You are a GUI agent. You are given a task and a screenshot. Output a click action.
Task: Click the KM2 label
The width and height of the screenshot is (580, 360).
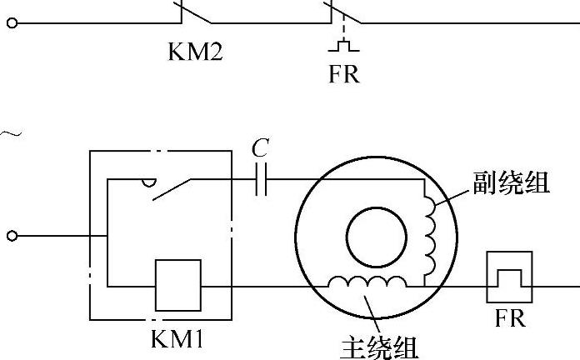click(x=196, y=52)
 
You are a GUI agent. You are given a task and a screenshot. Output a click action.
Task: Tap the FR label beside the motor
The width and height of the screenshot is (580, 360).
click(x=510, y=319)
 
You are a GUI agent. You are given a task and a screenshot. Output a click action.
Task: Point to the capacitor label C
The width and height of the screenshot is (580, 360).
click(x=260, y=149)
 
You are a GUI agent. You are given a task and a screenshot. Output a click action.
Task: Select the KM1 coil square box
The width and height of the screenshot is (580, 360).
click(x=177, y=285)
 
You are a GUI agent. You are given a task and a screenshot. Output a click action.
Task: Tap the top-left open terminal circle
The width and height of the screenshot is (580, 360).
click(x=11, y=23)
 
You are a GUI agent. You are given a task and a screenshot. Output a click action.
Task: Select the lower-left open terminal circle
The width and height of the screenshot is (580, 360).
click(x=11, y=236)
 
